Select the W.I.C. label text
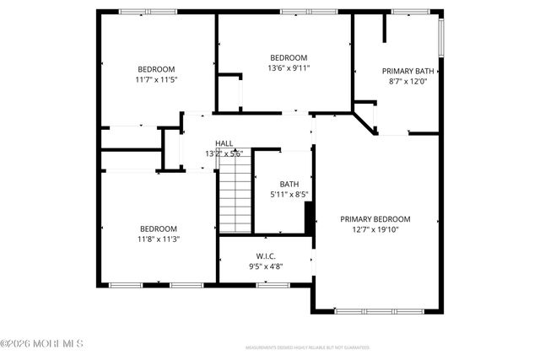[266, 255]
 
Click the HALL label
[224, 143]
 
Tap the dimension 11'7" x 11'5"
[157, 79]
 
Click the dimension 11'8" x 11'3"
[158, 239]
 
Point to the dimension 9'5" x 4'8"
[266, 266]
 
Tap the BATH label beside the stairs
[289, 184]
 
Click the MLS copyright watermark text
[42, 343]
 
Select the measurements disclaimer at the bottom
[307, 347]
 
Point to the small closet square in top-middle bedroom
[229, 91]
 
